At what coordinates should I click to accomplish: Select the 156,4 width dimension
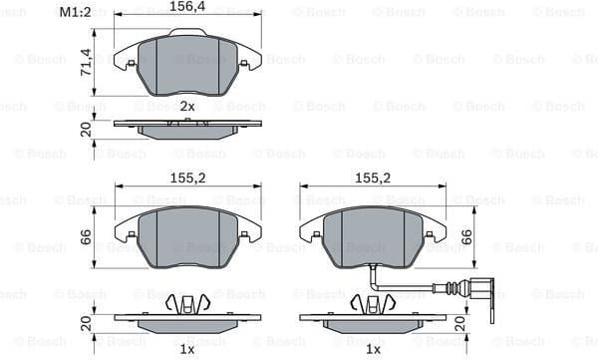point(188,7)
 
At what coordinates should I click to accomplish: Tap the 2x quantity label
point(186,106)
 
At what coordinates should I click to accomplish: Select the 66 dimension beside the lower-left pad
point(86,237)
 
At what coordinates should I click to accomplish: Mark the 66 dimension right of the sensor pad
point(466,238)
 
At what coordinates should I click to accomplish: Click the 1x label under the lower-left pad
point(186,350)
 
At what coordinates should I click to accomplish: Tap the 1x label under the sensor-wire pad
point(373,350)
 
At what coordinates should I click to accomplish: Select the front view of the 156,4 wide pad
point(187,64)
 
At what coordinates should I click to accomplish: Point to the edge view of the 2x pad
point(187,128)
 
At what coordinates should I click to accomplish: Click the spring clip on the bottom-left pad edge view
point(187,304)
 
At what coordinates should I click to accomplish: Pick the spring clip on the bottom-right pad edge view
point(373,304)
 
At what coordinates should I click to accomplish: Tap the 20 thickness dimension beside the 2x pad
point(86,129)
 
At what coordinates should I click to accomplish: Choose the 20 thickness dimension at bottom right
point(458,323)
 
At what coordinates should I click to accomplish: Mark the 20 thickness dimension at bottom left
point(86,323)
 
